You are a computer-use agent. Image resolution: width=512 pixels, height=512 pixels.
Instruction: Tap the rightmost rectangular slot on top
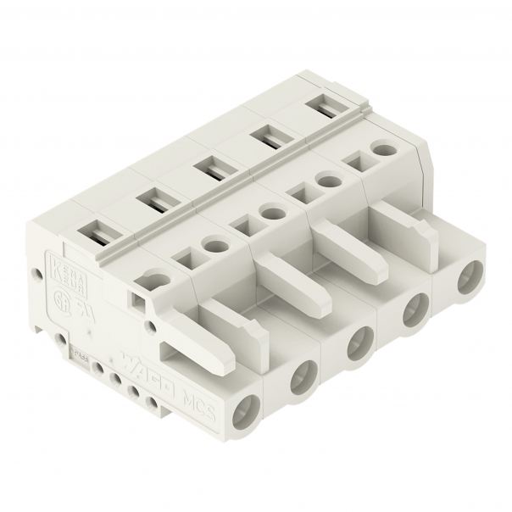coord(321,105)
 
